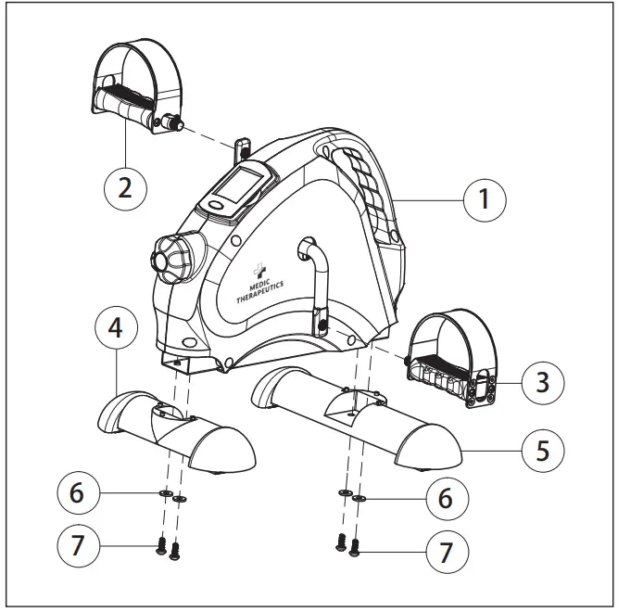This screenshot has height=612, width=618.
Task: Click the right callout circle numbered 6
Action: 446,498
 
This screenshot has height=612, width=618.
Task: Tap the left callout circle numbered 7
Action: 78,547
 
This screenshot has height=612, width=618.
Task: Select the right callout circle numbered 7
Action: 446,554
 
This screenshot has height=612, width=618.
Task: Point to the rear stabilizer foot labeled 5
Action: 357,417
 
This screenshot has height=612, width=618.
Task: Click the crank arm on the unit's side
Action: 316,283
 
